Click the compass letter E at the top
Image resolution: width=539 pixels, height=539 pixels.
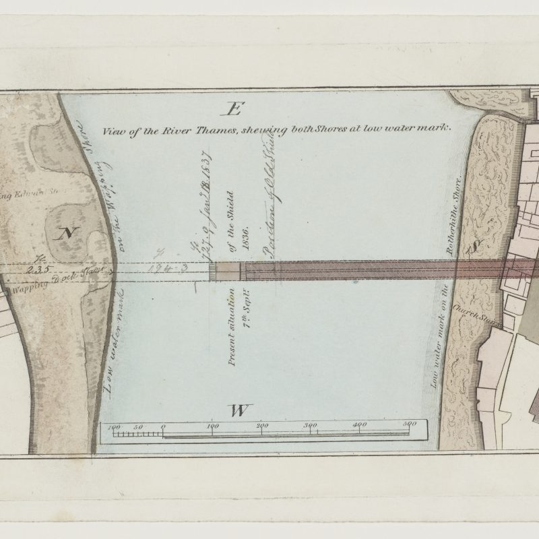pos(234,108)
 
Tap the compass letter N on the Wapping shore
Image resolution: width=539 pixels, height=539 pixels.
pos(65,234)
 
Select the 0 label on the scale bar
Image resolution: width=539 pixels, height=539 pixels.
pos(164,426)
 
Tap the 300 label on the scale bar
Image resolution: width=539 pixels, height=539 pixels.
pos(311,425)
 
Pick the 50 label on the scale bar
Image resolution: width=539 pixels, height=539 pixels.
pos(138,426)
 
